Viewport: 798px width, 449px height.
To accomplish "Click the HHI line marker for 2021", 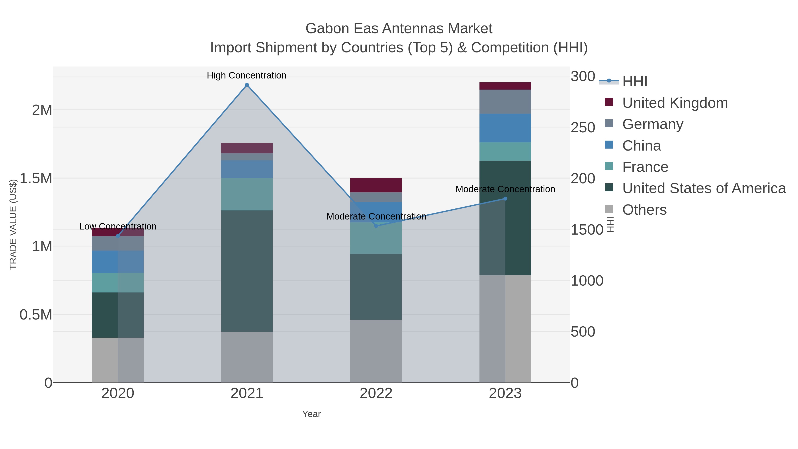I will click(x=247, y=85).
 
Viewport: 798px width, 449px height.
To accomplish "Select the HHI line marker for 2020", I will click(x=118, y=236).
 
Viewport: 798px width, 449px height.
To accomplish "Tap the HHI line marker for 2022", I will click(x=376, y=226).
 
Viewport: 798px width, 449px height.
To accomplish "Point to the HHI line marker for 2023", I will click(x=505, y=199).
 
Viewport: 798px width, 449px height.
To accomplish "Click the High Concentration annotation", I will click(x=246, y=75).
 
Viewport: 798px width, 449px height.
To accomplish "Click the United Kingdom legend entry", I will click(x=675, y=103).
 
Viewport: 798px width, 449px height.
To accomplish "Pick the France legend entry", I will click(x=645, y=167).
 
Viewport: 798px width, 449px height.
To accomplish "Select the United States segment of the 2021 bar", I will click(x=247, y=271).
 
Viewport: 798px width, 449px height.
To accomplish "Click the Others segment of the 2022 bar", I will click(x=376, y=351).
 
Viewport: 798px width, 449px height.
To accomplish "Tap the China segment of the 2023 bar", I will click(x=505, y=128).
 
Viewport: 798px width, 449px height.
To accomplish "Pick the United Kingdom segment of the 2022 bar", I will click(x=376, y=185).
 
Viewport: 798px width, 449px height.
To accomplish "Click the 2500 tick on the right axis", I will click(x=583, y=128).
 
